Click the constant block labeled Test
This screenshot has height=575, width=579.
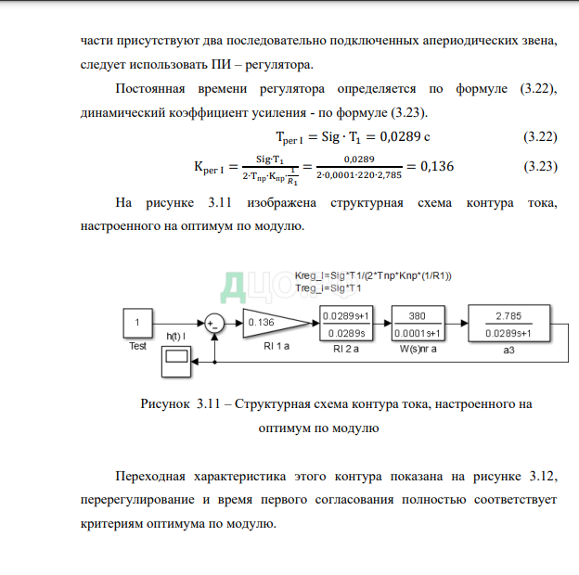[138, 323]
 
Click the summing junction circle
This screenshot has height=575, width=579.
[214, 323]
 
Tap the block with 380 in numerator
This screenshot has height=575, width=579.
[417, 323]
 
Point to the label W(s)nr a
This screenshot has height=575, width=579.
[417, 350]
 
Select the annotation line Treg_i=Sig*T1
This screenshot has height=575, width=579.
[329, 288]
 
